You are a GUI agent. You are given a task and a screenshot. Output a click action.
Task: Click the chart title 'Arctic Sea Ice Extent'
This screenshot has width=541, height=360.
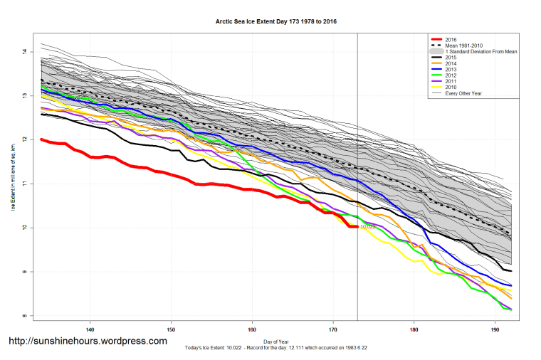[x=275, y=22]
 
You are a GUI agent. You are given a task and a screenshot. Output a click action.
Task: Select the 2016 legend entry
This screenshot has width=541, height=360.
[x=450, y=38]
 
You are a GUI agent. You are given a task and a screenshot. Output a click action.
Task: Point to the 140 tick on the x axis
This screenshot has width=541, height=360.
[x=90, y=329]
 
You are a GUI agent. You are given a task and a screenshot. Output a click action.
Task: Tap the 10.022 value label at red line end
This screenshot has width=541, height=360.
[x=367, y=227]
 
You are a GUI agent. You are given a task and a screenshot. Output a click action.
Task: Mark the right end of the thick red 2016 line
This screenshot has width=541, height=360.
[x=357, y=227]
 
